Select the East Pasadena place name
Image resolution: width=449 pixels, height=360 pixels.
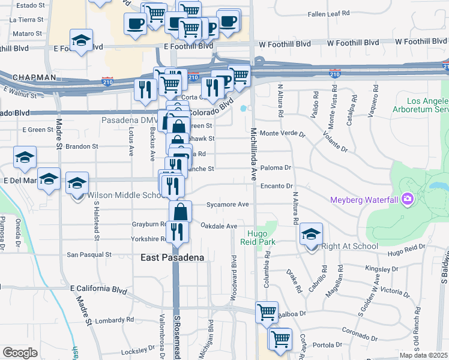(x=172, y=257)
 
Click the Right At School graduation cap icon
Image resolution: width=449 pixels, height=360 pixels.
(x=311, y=234)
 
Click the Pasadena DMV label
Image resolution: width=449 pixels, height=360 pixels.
(x=128, y=120)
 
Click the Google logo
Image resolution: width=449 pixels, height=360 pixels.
(x=20, y=353)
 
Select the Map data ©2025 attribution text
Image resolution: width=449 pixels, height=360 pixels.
(x=423, y=355)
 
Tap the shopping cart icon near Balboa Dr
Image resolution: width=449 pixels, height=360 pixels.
(x=267, y=312)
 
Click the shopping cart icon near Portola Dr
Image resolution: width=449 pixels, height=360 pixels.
(x=280, y=338)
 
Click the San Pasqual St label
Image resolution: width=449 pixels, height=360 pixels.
(x=89, y=254)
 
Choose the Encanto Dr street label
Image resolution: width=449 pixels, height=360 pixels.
(x=276, y=186)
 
